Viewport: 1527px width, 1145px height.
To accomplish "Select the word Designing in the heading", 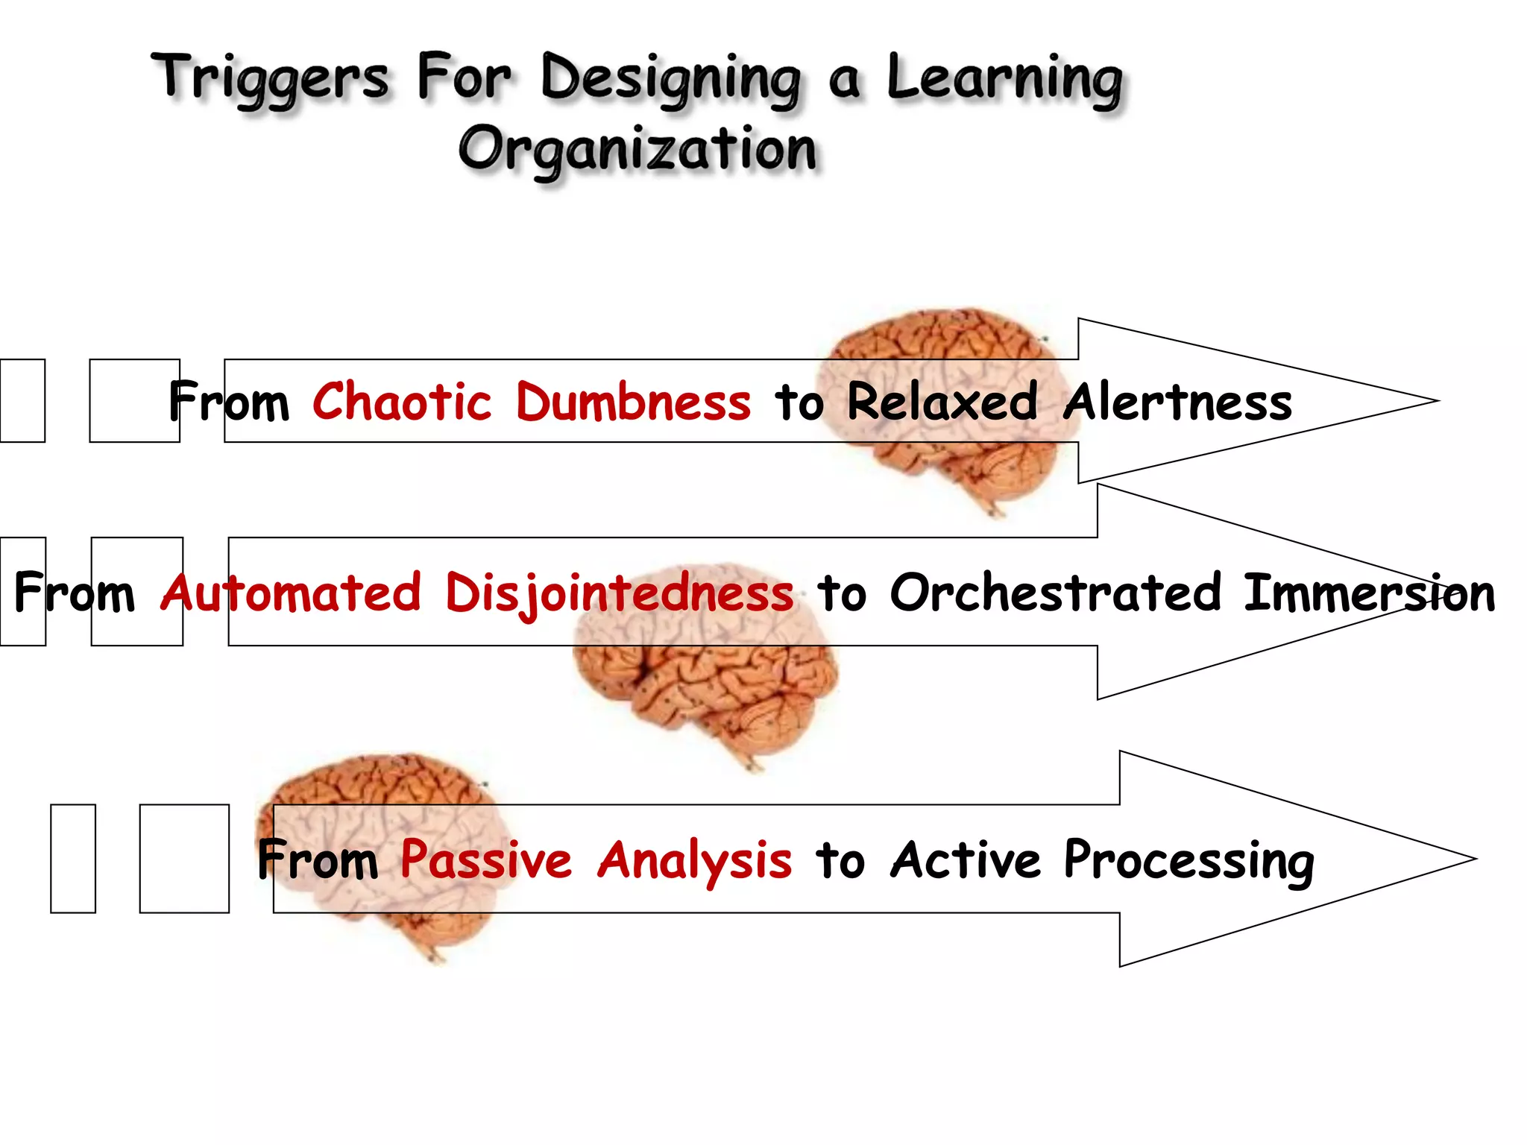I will pyautogui.click(x=670, y=81).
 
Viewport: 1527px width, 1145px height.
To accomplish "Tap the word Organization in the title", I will pyautogui.click(x=637, y=149).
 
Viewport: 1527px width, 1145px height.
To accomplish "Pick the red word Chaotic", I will pyautogui.click(x=401, y=402).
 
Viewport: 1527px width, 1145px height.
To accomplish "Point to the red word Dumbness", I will pyautogui.click(x=633, y=402).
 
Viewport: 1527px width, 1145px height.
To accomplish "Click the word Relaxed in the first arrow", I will pyautogui.click(x=942, y=402).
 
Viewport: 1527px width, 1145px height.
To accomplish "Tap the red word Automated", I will pyautogui.click(x=292, y=593).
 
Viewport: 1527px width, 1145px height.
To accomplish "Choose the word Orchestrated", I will pyautogui.click(x=1055, y=593).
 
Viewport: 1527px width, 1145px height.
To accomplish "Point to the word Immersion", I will pyautogui.click(x=1369, y=593).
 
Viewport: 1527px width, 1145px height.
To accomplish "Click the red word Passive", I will pyautogui.click(x=485, y=859).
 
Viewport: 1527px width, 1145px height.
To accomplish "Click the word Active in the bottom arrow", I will pyautogui.click(x=965, y=859).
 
